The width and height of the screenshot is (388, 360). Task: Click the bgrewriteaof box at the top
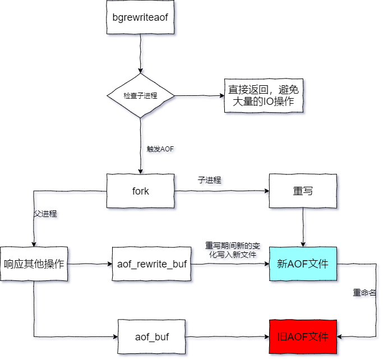coord(140,17)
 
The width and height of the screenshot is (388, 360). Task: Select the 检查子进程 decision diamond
coord(141,95)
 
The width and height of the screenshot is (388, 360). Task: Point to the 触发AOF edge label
coord(161,149)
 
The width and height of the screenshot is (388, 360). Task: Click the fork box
coord(140,191)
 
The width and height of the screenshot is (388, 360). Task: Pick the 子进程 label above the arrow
coord(210,180)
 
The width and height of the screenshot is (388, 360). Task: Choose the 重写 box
coord(303,191)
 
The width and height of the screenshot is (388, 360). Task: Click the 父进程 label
coord(45,214)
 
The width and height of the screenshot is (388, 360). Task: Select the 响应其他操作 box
coord(34,264)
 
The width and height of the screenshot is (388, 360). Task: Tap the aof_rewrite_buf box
coord(151,264)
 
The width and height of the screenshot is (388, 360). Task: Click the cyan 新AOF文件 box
coord(303,264)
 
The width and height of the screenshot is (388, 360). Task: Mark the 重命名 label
coord(364,293)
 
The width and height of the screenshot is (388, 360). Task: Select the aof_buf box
coord(152,336)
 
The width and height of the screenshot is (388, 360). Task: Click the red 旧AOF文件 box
coord(303,336)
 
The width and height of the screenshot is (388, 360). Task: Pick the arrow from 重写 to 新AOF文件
coord(303,227)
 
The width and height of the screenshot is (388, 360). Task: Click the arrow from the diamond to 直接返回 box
coord(199,95)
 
